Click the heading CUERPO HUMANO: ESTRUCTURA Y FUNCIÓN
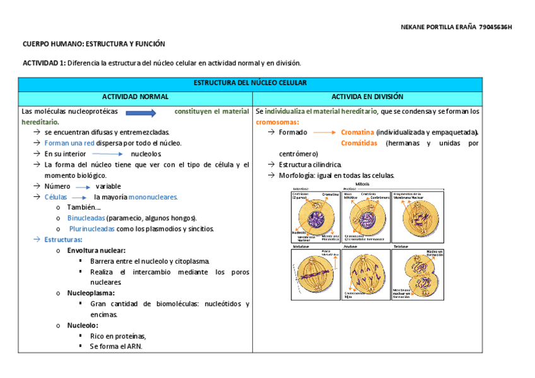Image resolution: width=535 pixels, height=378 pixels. click(x=93, y=44)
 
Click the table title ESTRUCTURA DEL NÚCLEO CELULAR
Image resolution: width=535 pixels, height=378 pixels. click(x=250, y=83)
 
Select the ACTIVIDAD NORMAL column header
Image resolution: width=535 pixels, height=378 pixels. click(x=135, y=97)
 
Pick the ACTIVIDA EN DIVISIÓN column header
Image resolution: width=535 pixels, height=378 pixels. click(x=367, y=97)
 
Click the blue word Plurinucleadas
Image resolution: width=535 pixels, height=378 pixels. click(x=92, y=228)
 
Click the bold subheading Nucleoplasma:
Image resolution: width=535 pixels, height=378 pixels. click(x=91, y=293)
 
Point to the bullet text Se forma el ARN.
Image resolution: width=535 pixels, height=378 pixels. click(x=116, y=346)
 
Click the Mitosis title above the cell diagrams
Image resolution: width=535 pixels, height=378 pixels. click(x=363, y=184)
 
